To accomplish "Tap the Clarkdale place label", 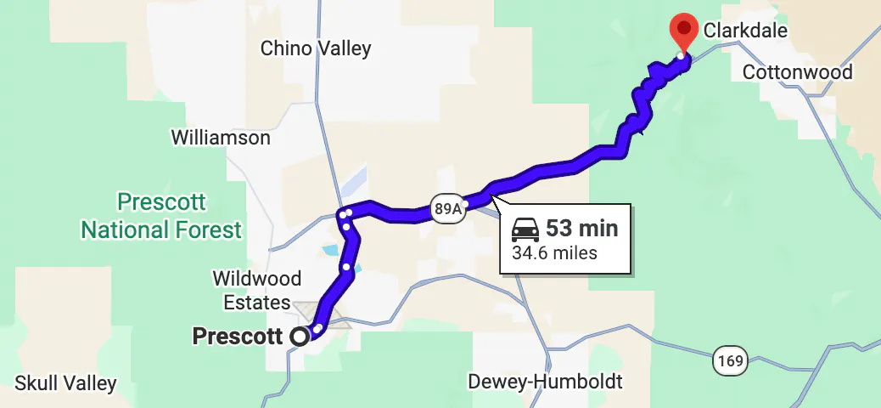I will (746, 31).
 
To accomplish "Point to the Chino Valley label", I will (316, 48).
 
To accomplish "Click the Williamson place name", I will (221, 137).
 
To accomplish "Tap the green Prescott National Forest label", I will (161, 216).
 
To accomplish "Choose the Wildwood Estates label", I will (256, 290).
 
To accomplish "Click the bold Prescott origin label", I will (238, 337).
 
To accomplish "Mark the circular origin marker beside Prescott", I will (299, 337).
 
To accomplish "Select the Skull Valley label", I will (65, 383).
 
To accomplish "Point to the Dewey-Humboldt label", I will (546, 381).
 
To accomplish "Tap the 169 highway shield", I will (730, 361).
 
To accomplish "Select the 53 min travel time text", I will (581, 228).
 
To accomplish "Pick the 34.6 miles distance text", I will (554, 252).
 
